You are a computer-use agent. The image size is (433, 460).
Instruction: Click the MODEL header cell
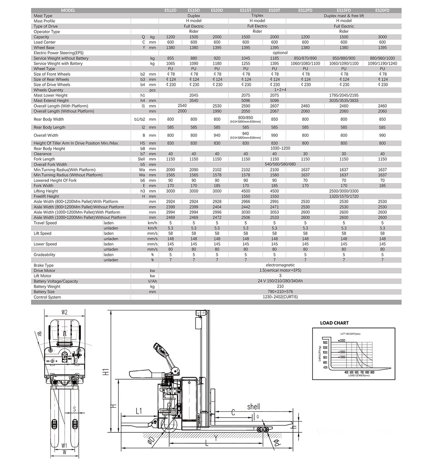tap(68, 10)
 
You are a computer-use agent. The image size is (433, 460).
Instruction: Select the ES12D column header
tap(170, 10)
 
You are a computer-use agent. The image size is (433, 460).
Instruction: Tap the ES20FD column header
tap(382, 10)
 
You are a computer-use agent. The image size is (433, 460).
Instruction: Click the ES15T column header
tap(246, 10)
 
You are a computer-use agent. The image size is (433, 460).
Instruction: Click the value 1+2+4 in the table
tap(280, 90)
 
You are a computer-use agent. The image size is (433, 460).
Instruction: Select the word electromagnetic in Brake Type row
tap(280, 265)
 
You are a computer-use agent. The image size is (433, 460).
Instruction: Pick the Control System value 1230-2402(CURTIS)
tap(280, 297)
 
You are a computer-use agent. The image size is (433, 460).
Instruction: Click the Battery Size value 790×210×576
tap(280, 292)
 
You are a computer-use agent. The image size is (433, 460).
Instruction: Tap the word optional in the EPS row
tap(280, 53)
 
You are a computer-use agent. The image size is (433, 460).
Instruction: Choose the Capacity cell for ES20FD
tap(382, 37)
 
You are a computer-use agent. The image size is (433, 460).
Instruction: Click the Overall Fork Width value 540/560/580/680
tap(280, 164)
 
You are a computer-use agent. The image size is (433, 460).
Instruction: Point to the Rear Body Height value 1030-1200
tap(280, 148)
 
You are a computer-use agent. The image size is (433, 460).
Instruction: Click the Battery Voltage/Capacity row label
tap(56, 281)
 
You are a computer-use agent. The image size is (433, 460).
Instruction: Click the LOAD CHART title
tap(334, 323)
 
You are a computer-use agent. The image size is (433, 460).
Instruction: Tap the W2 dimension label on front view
tap(64, 312)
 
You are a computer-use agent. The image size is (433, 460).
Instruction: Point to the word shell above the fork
tap(254, 407)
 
